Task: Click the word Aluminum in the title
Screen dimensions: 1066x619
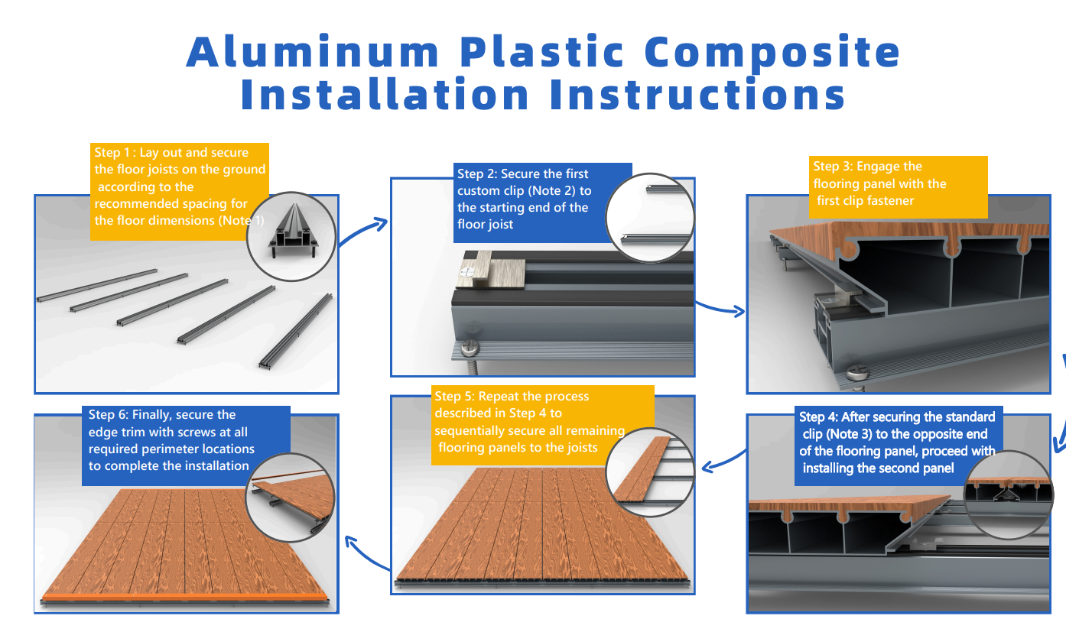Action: point(312,51)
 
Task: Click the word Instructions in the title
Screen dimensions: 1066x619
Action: point(697,94)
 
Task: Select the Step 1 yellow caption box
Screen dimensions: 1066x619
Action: point(180,191)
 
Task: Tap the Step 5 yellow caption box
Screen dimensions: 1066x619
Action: point(542,425)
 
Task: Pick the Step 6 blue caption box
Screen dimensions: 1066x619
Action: point(186,446)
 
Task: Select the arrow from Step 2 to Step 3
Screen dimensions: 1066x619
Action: point(720,308)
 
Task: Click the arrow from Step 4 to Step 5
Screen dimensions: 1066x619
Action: point(723,461)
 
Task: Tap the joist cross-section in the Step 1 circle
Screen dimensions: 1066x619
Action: point(294,232)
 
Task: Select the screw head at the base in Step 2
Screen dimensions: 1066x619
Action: point(470,349)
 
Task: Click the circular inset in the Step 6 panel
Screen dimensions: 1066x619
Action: point(291,497)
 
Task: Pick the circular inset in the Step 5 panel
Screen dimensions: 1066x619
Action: point(650,472)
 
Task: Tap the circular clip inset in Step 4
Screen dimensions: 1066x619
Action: point(1009,495)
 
